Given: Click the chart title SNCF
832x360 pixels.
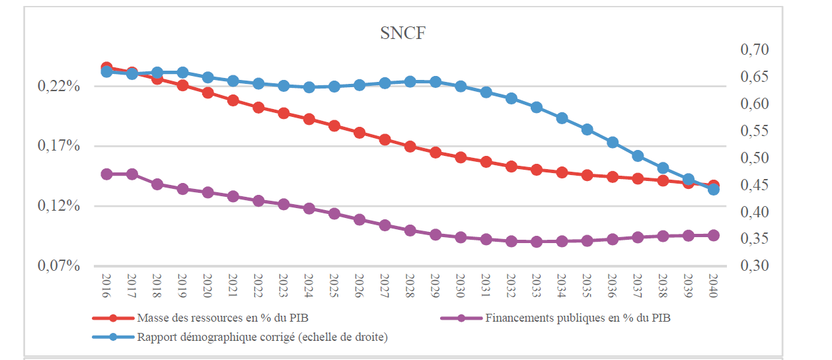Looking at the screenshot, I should (402, 34).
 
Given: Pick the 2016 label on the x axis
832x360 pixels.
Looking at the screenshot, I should (106, 286).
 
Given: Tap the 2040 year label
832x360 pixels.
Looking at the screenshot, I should (714, 286).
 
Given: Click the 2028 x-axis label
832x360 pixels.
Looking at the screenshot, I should (410, 286).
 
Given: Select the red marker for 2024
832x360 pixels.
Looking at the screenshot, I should (309, 119).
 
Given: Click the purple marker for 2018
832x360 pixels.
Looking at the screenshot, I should (157, 184).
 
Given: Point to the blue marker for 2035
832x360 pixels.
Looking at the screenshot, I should (587, 129).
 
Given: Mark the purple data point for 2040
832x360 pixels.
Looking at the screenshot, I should (714, 235).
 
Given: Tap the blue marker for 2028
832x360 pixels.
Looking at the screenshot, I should (410, 81).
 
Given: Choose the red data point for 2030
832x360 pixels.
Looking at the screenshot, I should (461, 157).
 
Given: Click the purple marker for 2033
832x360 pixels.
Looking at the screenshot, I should (537, 242).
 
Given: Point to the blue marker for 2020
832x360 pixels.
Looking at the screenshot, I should (208, 77).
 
